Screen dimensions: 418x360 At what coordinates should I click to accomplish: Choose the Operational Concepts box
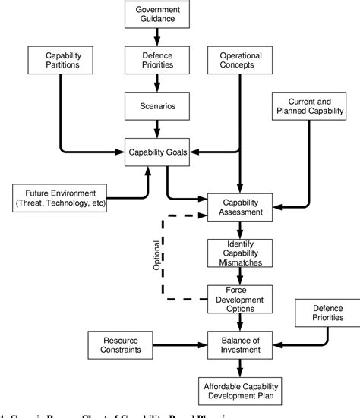tap(241, 60)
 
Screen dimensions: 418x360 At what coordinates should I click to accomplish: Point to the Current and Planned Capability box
tap(309, 105)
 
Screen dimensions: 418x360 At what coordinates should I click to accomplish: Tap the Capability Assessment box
tap(240, 208)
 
